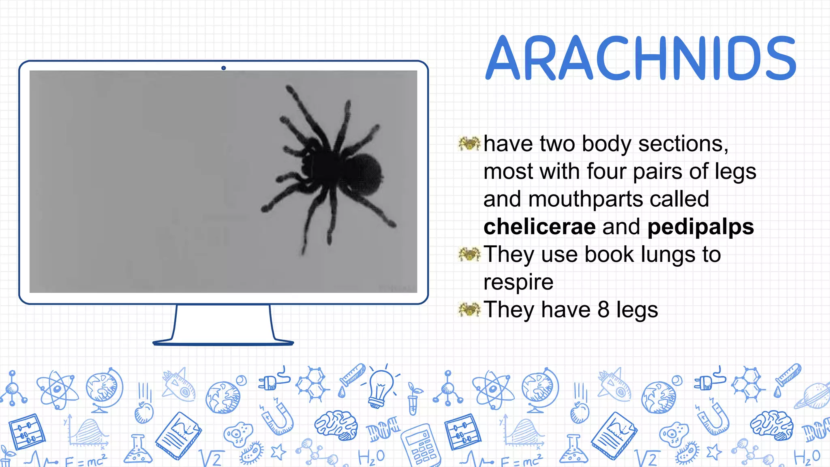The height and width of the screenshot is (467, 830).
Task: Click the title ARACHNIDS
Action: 641,58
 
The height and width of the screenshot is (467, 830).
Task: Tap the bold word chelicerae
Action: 539,227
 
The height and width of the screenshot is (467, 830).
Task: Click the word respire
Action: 518,282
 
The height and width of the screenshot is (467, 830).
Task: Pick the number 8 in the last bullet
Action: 603,309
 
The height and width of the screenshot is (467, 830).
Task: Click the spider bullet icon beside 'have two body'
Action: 469,143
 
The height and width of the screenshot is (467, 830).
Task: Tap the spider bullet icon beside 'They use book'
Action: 469,254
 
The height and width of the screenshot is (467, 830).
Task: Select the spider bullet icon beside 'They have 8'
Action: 469,309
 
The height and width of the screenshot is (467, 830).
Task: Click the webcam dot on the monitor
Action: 223,68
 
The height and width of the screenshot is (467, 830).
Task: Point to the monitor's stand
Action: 223,324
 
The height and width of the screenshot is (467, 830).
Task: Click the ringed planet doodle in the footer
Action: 813,396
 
